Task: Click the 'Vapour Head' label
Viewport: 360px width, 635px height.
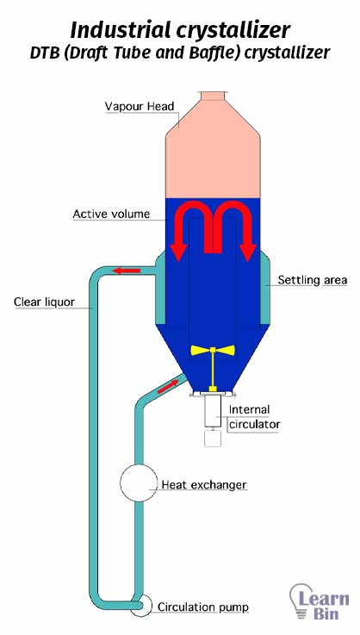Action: coord(140,107)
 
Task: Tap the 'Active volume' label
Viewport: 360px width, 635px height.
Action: coord(111,214)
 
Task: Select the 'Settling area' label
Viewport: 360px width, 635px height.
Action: coord(313,280)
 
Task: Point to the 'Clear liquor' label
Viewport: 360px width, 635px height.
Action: coord(44,302)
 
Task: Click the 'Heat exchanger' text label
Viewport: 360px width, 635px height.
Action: coord(204,484)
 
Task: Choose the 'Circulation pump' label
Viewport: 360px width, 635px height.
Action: coord(203,607)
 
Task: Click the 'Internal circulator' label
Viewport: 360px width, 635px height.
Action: coord(254,417)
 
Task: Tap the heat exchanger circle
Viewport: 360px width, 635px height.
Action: coord(139,482)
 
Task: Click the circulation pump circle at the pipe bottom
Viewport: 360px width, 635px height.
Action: coord(141,606)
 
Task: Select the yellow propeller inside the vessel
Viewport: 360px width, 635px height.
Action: coord(213,350)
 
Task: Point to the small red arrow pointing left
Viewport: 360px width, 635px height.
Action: coord(127,271)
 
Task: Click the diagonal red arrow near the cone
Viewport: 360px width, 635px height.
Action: coord(168,386)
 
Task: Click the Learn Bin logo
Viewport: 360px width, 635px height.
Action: coord(320,601)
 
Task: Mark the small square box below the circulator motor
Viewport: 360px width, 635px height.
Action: coord(213,439)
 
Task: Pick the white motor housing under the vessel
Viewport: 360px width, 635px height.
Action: coord(213,411)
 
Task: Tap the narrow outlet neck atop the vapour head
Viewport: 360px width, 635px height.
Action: coord(213,96)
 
